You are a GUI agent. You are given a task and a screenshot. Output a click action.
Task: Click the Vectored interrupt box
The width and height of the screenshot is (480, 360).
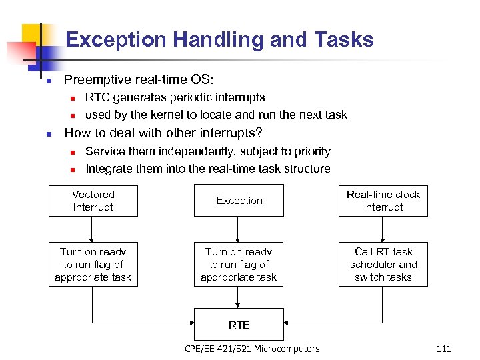[x=93, y=201]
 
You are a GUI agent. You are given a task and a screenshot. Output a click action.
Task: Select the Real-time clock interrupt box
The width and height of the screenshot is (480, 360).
[x=383, y=201]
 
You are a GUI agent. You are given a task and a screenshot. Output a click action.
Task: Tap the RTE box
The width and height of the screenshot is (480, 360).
[x=239, y=325]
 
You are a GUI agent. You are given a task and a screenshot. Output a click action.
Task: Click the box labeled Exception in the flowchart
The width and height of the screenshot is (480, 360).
[x=239, y=201]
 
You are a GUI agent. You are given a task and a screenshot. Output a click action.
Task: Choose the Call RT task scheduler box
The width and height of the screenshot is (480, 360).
[x=383, y=265]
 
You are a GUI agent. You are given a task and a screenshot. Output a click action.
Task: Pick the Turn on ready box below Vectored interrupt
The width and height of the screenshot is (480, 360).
[x=93, y=265]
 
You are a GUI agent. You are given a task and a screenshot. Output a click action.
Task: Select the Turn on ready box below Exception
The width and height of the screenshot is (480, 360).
[x=239, y=265]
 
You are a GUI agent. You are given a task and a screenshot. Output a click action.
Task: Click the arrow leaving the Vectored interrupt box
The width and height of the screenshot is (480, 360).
[x=93, y=229]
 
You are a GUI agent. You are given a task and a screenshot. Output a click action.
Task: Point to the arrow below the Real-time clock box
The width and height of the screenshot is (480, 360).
[x=383, y=229]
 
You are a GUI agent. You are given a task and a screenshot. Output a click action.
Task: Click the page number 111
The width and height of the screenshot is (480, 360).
[x=443, y=349]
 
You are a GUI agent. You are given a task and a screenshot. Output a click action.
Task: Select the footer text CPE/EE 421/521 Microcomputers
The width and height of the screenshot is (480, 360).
[x=252, y=349]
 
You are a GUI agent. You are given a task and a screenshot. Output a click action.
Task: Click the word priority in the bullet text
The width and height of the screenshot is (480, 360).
[x=309, y=151]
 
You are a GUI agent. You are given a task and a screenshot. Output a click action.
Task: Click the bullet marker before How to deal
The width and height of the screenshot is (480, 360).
[x=49, y=133]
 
